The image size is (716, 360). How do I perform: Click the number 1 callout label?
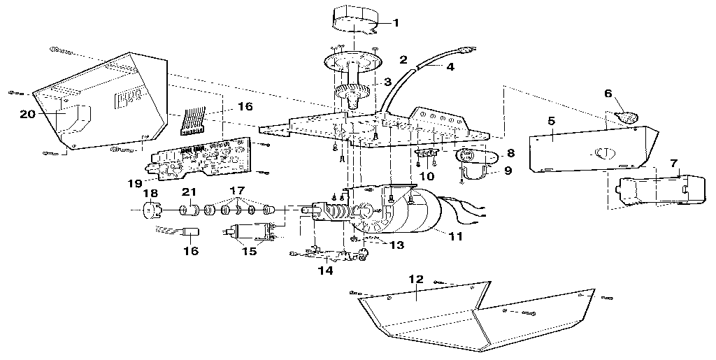point(395,23)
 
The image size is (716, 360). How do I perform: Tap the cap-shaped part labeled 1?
point(353,20)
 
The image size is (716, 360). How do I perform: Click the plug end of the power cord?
point(466,50)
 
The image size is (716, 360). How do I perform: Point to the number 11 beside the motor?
point(455,236)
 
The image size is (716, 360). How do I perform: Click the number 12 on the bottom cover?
point(416,280)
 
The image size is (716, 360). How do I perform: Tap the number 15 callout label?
point(249,251)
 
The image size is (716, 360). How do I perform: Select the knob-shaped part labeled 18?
point(149,208)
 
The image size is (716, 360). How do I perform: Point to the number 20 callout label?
point(28,113)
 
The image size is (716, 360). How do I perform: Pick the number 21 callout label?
point(188,192)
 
